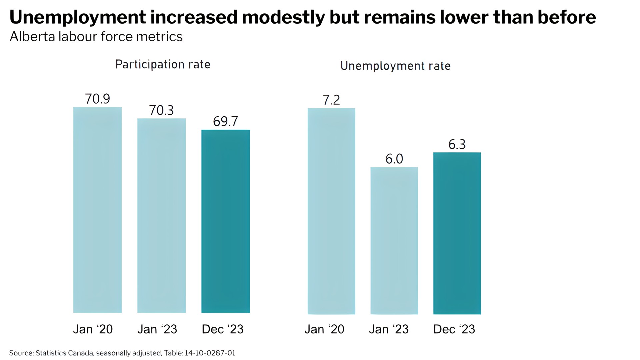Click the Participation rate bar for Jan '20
(x=97, y=210)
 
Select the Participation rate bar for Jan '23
(x=161, y=216)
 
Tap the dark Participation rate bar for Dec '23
(x=225, y=221)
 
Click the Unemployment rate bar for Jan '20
(x=331, y=211)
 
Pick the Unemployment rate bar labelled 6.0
(x=394, y=241)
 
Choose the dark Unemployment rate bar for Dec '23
(x=457, y=233)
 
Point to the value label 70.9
(x=97, y=99)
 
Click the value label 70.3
(x=161, y=110)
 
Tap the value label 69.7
(x=225, y=122)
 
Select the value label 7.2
(x=331, y=100)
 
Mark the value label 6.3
(x=457, y=145)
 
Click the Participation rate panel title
(x=163, y=64)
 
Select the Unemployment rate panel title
(x=395, y=66)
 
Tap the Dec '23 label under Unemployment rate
(x=454, y=329)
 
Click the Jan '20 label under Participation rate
(x=93, y=329)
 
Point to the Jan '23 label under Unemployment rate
(x=389, y=329)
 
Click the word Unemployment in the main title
(x=78, y=18)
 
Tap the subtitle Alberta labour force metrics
(x=96, y=37)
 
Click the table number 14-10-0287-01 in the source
(x=210, y=353)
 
